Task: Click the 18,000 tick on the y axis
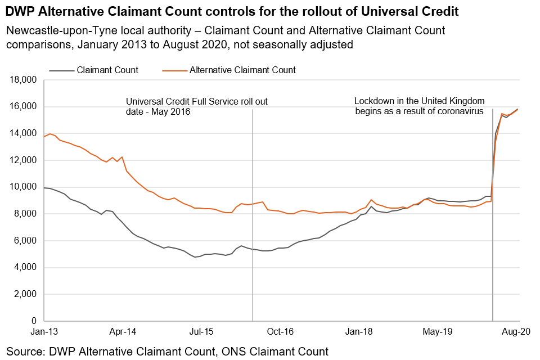coord(24,80)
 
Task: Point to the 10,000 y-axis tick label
coord(24,187)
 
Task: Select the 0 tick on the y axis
coord(35,321)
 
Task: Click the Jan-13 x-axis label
coord(45,332)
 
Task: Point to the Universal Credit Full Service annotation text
coord(196,106)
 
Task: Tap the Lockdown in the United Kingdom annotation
coord(419,106)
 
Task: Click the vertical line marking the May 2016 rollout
coord(252,225)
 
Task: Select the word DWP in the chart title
coord(20,11)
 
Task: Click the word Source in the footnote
coord(25,352)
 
